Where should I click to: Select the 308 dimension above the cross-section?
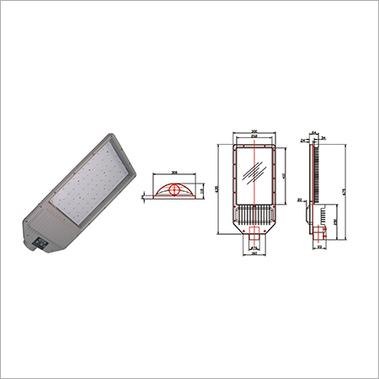point(173,173)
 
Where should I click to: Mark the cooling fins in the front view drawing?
point(254,227)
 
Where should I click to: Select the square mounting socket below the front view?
point(254,243)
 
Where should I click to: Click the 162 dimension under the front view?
point(254,258)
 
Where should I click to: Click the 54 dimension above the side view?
point(312,132)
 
